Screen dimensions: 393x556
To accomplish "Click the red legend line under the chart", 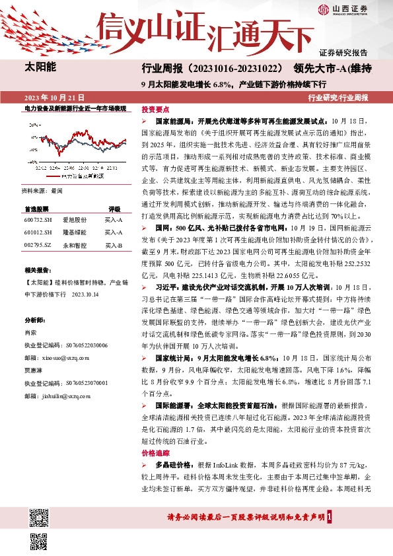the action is tap(54, 177).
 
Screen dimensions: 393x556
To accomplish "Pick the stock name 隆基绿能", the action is tap(75, 232).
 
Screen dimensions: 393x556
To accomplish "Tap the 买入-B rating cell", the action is tap(114, 246).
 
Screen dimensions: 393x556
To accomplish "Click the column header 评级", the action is tap(114, 208).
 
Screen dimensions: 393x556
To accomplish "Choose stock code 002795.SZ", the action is tap(37, 246).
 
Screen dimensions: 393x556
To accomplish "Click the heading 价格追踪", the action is tap(156, 453).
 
